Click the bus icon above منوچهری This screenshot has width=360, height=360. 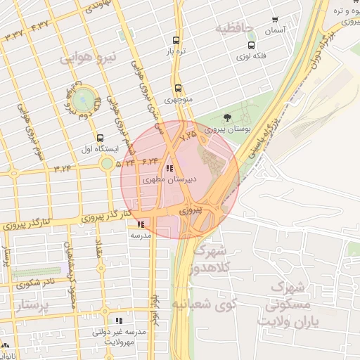pyautogui.click(x=179, y=89)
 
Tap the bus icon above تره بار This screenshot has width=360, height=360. pyautogui.click(x=175, y=40)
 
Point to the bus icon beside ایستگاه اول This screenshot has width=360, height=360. pyautogui.click(x=100, y=139)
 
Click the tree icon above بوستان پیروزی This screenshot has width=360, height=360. pyautogui.click(x=226, y=117)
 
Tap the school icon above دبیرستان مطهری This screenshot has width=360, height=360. pyautogui.click(x=169, y=169)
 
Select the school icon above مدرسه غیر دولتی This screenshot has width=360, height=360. pyautogui.click(x=118, y=320)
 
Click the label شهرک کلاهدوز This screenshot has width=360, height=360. pyautogui.click(x=212, y=259)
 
